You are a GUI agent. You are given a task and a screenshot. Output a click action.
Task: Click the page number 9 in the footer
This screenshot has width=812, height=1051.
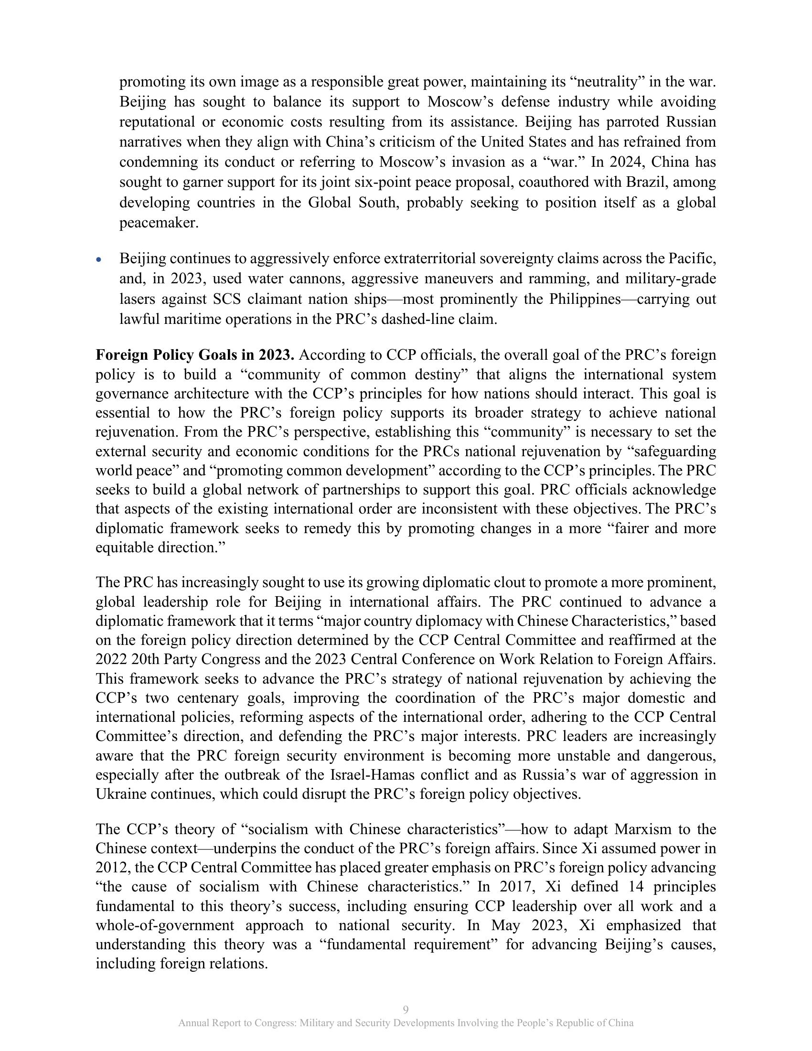(x=406, y=1009)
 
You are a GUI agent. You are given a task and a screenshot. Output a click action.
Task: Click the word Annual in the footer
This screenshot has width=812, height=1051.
(x=192, y=1023)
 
